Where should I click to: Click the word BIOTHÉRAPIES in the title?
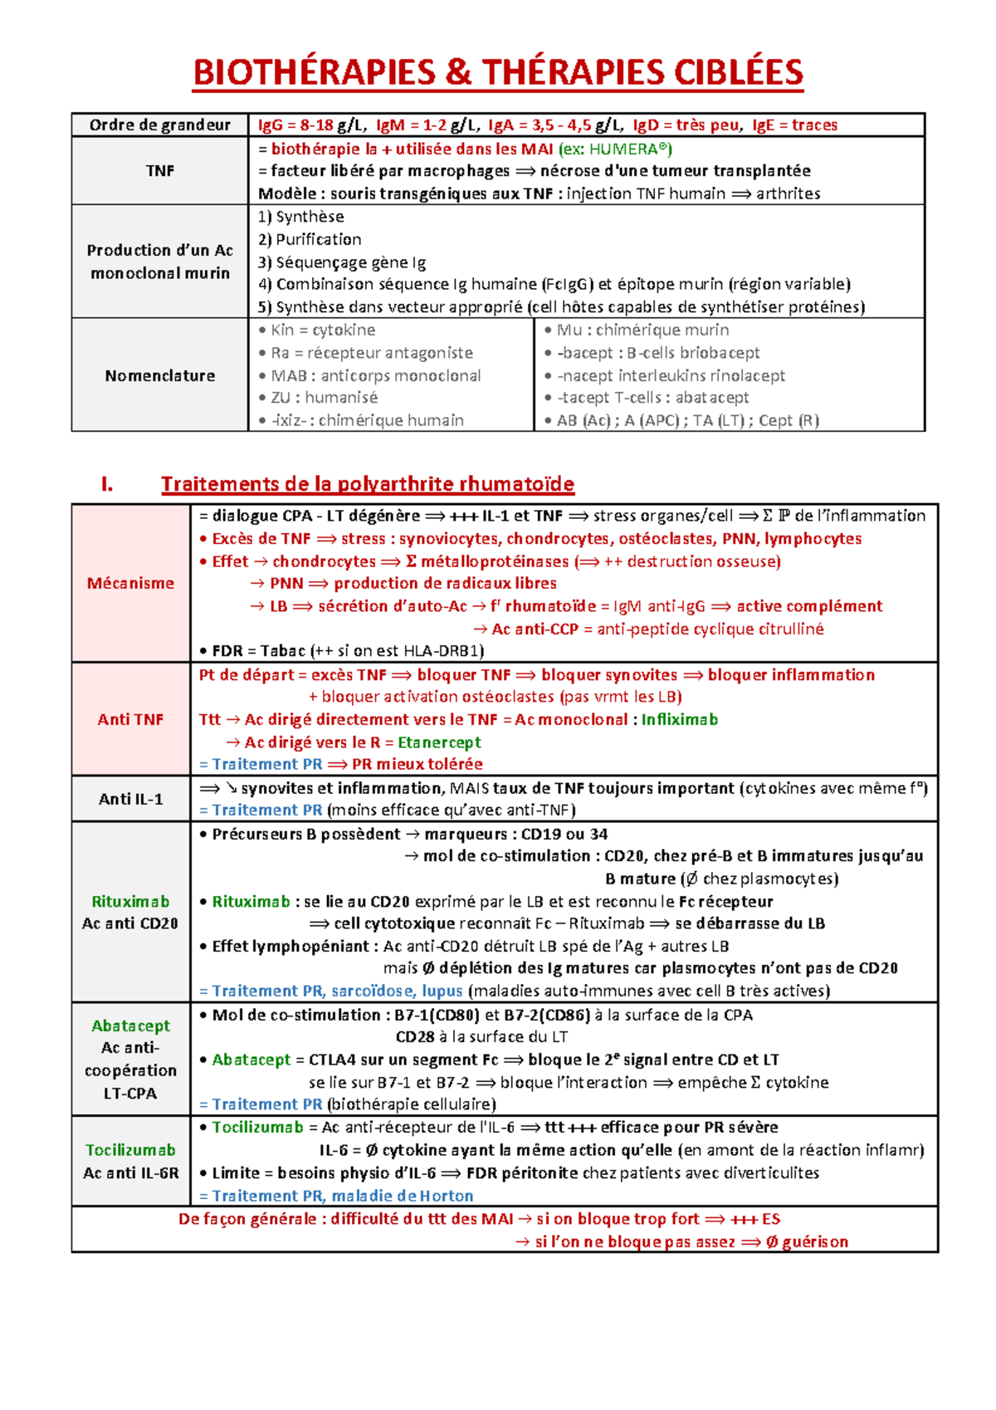pyautogui.click(x=314, y=72)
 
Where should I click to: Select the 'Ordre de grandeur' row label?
pyautogui.click(x=159, y=125)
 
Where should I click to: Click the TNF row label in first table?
pyautogui.click(x=159, y=170)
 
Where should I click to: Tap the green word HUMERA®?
pyautogui.click(x=627, y=149)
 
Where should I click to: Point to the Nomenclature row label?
pyautogui.click(x=159, y=375)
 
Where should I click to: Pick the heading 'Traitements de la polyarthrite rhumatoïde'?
pyautogui.click(x=367, y=484)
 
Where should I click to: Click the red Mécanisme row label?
pyautogui.click(x=130, y=583)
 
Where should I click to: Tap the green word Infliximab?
pyautogui.click(x=679, y=719)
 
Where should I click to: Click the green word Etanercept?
pyautogui.click(x=439, y=742)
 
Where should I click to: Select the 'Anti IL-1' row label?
pyautogui.click(x=130, y=799)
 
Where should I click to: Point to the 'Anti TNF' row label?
pyautogui.click(x=130, y=719)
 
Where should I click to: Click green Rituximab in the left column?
pyautogui.click(x=130, y=901)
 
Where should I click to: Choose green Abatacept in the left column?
pyautogui.click(x=130, y=1026)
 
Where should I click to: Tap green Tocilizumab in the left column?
pyautogui.click(x=130, y=1150)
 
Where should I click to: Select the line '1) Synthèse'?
pyautogui.click(x=300, y=217)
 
